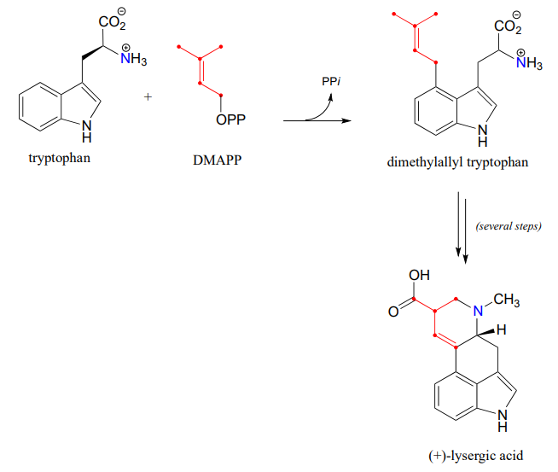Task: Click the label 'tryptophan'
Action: pyautogui.click(x=60, y=158)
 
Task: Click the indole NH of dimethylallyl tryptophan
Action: pyautogui.click(x=483, y=135)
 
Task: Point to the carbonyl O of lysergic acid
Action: pyautogui.click(x=393, y=312)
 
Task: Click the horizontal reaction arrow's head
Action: pyautogui.click(x=346, y=121)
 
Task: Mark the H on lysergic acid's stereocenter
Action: pyautogui.click(x=503, y=329)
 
